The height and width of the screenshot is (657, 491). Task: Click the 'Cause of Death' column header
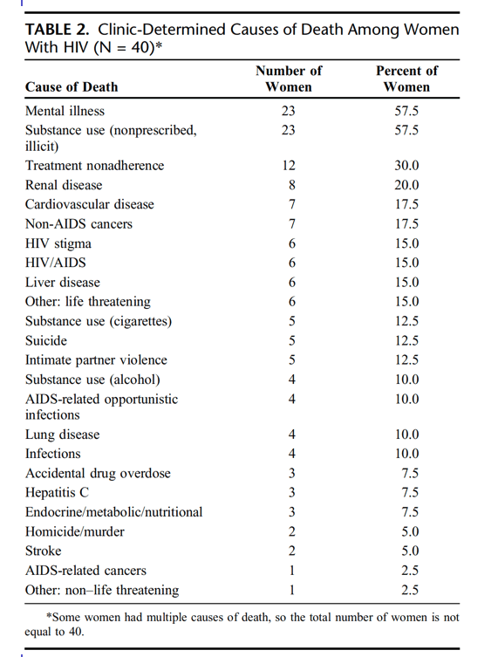click(72, 86)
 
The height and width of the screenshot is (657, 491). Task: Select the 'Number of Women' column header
click(289, 79)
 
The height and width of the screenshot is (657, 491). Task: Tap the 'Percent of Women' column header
click(406, 79)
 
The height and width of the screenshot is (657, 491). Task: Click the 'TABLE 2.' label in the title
click(58, 30)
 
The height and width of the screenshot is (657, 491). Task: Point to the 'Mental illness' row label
click(65, 111)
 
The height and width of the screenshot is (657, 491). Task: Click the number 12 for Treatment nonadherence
click(289, 166)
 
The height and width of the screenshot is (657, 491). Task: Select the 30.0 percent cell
click(406, 166)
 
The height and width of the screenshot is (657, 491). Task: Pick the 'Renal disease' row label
click(64, 185)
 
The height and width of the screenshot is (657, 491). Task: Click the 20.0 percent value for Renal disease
click(406, 185)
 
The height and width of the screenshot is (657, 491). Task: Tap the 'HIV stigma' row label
click(58, 243)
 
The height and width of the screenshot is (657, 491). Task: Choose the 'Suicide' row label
click(46, 340)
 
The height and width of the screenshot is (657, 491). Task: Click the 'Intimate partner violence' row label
click(96, 360)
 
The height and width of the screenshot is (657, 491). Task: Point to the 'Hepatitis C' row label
click(57, 492)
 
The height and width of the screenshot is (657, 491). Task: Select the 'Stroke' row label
click(43, 551)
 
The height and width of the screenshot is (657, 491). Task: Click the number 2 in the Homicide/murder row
click(292, 531)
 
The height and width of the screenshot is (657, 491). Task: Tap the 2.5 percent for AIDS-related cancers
click(410, 571)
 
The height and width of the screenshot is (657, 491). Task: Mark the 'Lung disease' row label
click(63, 435)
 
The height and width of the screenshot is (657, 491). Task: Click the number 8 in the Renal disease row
click(292, 185)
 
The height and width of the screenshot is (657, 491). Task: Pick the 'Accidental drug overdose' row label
click(98, 473)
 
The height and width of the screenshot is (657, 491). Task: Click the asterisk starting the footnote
click(49, 616)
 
